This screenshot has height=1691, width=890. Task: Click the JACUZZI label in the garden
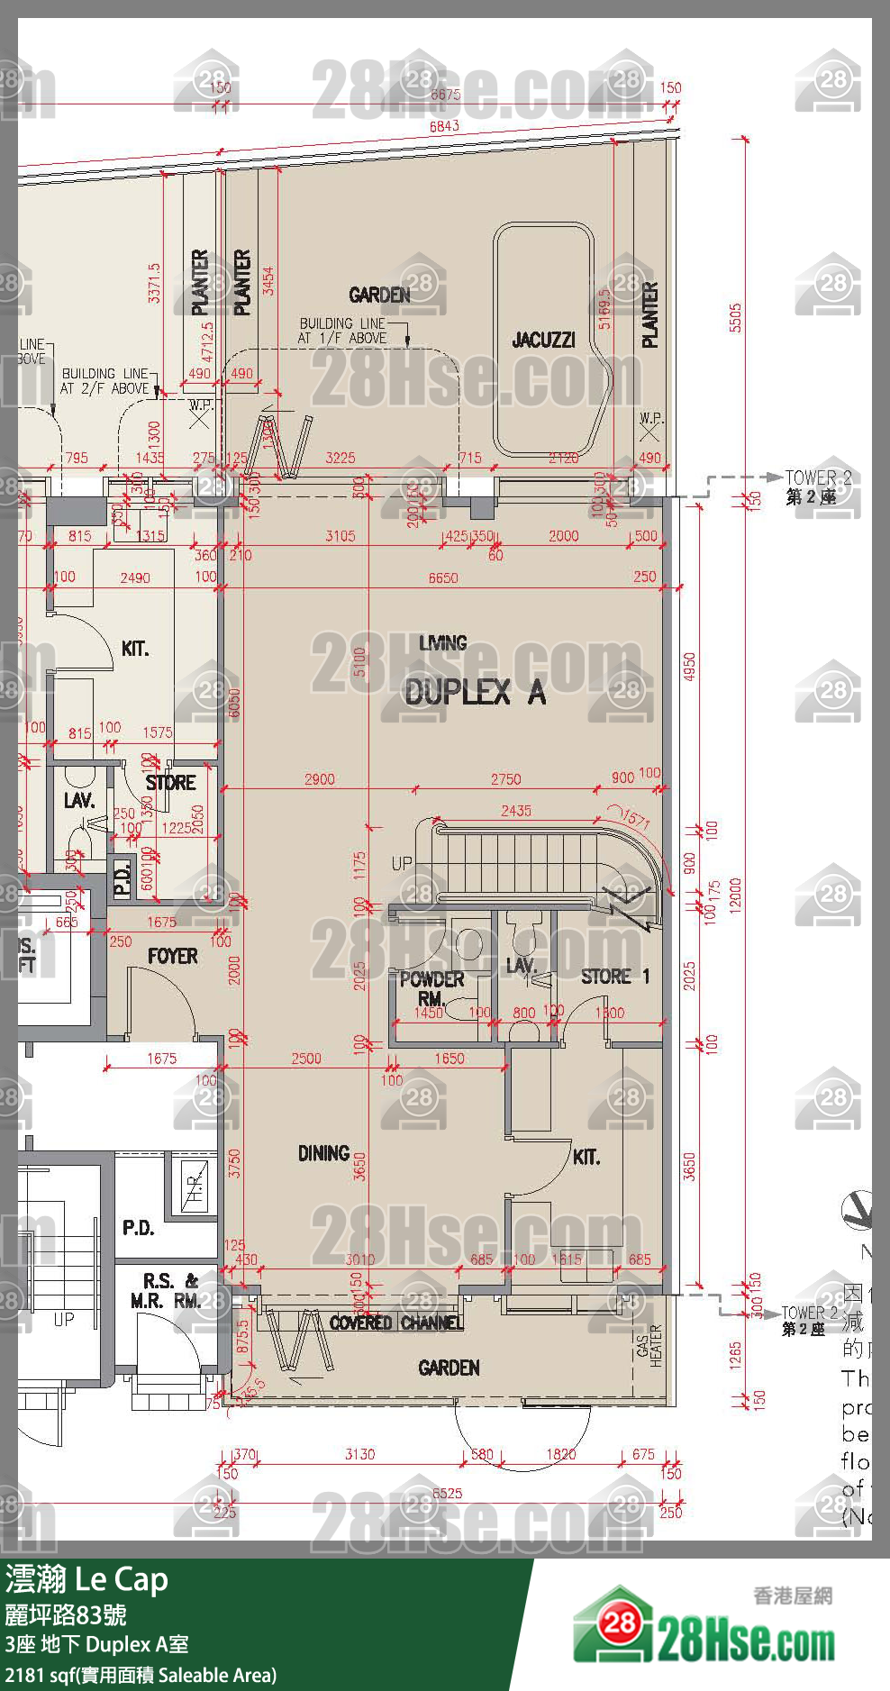[x=543, y=340]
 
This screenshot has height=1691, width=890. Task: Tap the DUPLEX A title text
[x=475, y=692]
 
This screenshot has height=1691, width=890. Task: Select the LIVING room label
[x=442, y=643]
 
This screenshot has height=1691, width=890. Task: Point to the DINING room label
[x=323, y=1153]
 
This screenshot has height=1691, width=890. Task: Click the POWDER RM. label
[x=431, y=988]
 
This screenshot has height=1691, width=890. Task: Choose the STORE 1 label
[x=614, y=977]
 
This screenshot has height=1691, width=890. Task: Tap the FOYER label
[x=172, y=957]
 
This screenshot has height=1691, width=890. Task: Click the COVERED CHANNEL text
[x=396, y=1323]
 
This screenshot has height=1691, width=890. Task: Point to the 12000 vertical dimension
[x=735, y=896]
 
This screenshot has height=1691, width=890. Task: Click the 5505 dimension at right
[x=735, y=318]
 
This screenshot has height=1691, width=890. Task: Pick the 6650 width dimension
[x=442, y=577]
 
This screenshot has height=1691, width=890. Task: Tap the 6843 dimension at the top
[x=444, y=127]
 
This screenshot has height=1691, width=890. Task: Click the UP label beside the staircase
[x=402, y=863]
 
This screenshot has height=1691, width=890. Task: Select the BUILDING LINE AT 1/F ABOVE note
[x=343, y=331]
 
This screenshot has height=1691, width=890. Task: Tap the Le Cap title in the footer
[x=121, y=1579]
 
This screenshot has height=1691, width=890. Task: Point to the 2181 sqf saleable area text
[x=141, y=1675]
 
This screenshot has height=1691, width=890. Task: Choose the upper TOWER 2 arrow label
[x=817, y=486]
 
